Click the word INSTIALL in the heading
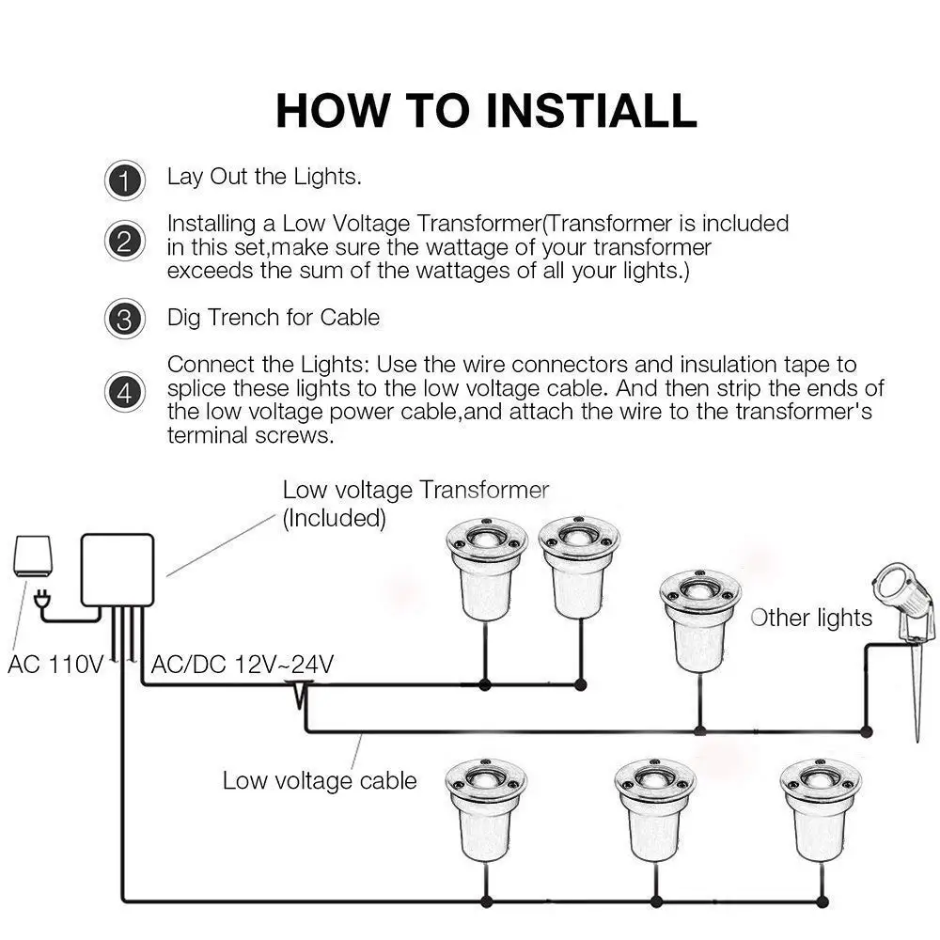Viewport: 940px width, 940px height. tap(591, 111)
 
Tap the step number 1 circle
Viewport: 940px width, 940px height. tap(125, 180)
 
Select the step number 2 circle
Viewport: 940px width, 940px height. tap(125, 241)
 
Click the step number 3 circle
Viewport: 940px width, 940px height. tap(125, 319)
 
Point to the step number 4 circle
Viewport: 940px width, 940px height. tap(125, 392)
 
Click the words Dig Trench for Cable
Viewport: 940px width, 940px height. tap(274, 318)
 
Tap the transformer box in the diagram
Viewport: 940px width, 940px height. tap(117, 571)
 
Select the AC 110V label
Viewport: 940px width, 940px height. tap(55, 665)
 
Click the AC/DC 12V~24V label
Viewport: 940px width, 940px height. tap(243, 665)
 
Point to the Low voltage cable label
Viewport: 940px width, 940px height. tap(320, 781)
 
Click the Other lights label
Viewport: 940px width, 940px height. tap(811, 619)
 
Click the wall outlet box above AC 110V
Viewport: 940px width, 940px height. tap(32, 556)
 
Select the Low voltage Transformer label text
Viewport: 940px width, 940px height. tap(415, 491)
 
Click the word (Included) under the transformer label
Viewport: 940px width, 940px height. tap(334, 519)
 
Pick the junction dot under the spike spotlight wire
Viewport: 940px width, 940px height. tap(866, 731)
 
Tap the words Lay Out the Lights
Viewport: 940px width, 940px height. tap(264, 177)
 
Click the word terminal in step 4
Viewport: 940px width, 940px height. tap(208, 435)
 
